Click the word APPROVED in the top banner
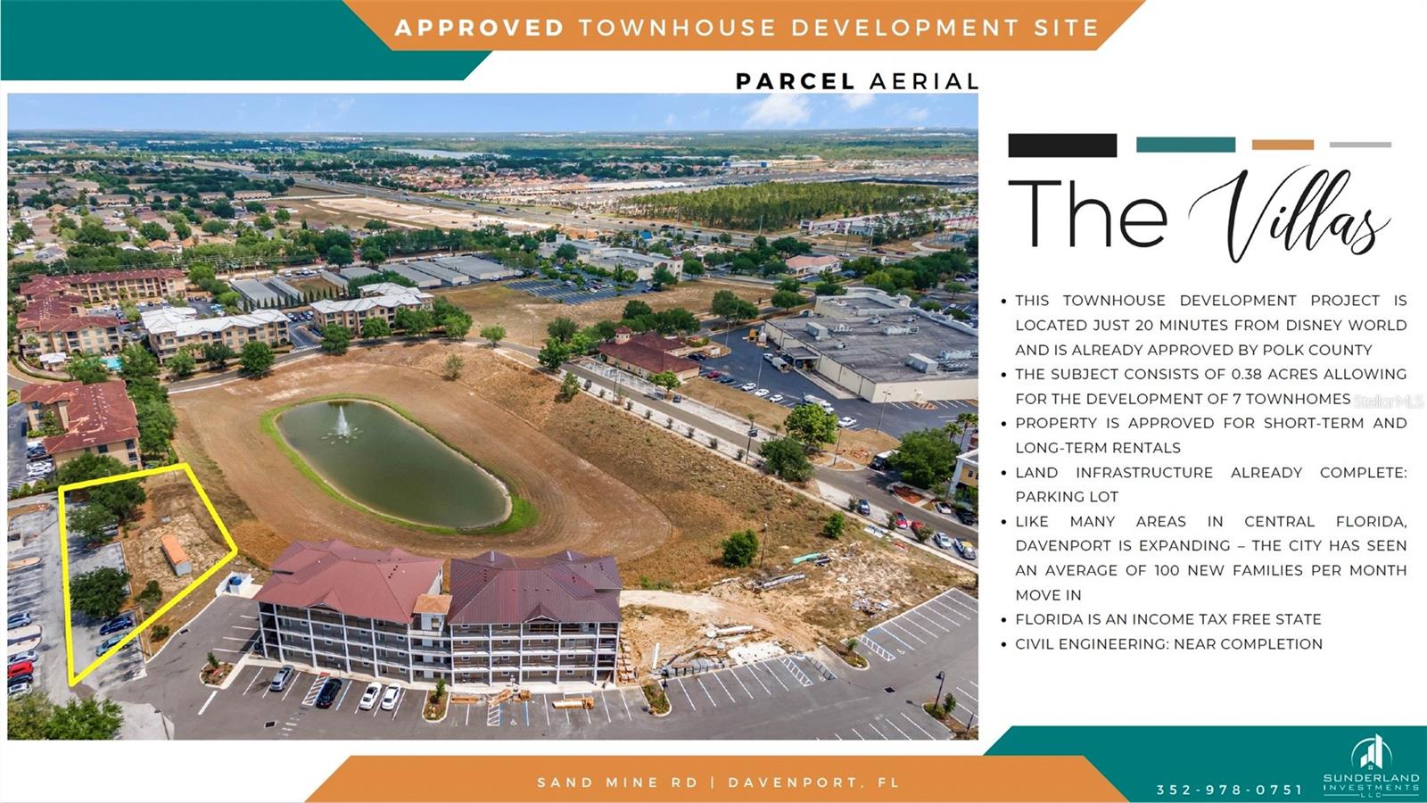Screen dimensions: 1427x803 click(x=479, y=28)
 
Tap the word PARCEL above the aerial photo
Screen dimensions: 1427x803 click(x=795, y=81)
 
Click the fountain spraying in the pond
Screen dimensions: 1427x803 click(x=342, y=423)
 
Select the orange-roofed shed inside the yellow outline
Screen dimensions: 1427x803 click(x=176, y=554)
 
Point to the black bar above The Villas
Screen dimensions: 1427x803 click(x=1062, y=145)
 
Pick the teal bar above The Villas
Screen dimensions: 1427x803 click(x=1185, y=145)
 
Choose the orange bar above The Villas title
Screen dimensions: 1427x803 click(x=1283, y=145)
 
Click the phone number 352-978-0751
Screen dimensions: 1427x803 click(x=1230, y=790)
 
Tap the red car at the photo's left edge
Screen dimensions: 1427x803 click(x=20, y=669)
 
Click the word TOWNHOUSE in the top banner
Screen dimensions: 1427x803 click(x=678, y=28)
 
